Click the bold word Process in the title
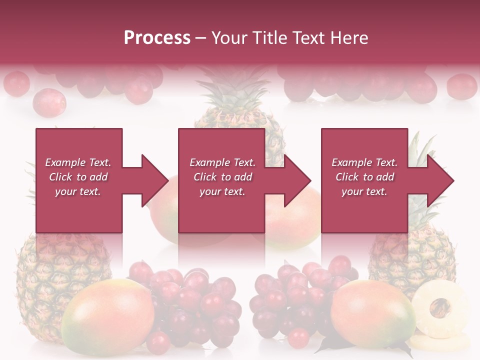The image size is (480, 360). [x=157, y=38]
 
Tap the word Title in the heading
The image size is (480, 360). [x=270, y=38]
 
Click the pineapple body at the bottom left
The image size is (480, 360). [x=45, y=280]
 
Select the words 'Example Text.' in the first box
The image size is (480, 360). [x=78, y=162]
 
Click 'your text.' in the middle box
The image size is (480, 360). [x=222, y=191]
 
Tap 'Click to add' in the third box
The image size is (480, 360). [x=364, y=177]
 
